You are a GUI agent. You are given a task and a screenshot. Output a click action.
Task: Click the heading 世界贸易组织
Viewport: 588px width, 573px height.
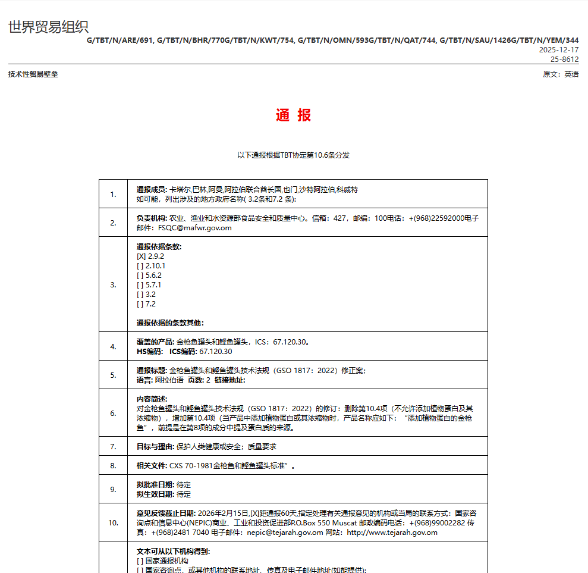tap(48, 27)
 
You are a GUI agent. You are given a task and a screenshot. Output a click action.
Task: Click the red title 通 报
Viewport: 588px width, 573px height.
tap(294, 115)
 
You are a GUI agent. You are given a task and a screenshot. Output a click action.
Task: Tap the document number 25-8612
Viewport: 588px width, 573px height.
tap(564, 60)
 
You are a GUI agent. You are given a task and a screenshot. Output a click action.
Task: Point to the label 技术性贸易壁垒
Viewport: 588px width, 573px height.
tap(33, 74)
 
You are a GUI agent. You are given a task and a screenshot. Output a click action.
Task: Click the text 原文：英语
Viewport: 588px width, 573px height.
tap(561, 74)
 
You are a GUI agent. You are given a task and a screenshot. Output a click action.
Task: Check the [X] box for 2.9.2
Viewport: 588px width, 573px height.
tap(141, 256)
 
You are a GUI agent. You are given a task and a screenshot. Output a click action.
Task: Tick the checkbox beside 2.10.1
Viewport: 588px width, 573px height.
tap(140, 266)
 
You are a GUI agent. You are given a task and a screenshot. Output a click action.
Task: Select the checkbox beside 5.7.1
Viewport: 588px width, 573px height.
tap(140, 285)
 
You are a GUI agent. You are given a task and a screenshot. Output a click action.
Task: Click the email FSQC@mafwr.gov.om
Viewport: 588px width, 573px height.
tap(195, 228)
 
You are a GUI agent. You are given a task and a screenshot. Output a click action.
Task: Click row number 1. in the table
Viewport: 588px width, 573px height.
tap(113, 194)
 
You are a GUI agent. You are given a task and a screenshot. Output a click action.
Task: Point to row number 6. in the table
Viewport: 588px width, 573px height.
tap(113, 413)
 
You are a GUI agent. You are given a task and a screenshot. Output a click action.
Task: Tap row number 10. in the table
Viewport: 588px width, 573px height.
tap(113, 522)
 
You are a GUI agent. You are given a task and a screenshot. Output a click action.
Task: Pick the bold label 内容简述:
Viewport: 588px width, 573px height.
tap(152, 399)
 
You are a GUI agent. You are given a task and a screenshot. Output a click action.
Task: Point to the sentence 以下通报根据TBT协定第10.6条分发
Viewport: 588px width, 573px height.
tap(294, 155)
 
